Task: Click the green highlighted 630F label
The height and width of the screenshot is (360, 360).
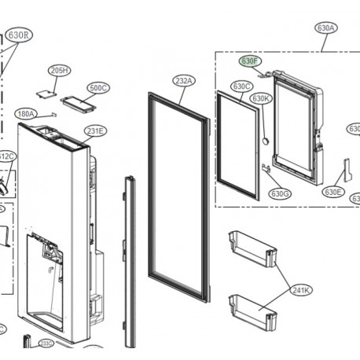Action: click(249, 61)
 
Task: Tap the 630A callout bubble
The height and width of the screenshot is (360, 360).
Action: click(326, 28)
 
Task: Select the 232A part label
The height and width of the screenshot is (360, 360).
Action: click(182, 79)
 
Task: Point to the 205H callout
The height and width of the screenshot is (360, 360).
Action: click(60, 71)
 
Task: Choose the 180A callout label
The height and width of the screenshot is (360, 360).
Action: click(26, 114)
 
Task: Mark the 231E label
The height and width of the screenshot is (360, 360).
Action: click(95, 130)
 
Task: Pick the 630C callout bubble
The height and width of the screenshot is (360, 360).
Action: click(241, 86)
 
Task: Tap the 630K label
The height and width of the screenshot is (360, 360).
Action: click(261, 98)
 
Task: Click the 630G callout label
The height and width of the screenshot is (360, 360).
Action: click(280, 193)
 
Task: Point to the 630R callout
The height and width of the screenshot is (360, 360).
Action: click(19, 35)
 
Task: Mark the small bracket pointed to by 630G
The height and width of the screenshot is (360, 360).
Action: click(266, 167)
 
